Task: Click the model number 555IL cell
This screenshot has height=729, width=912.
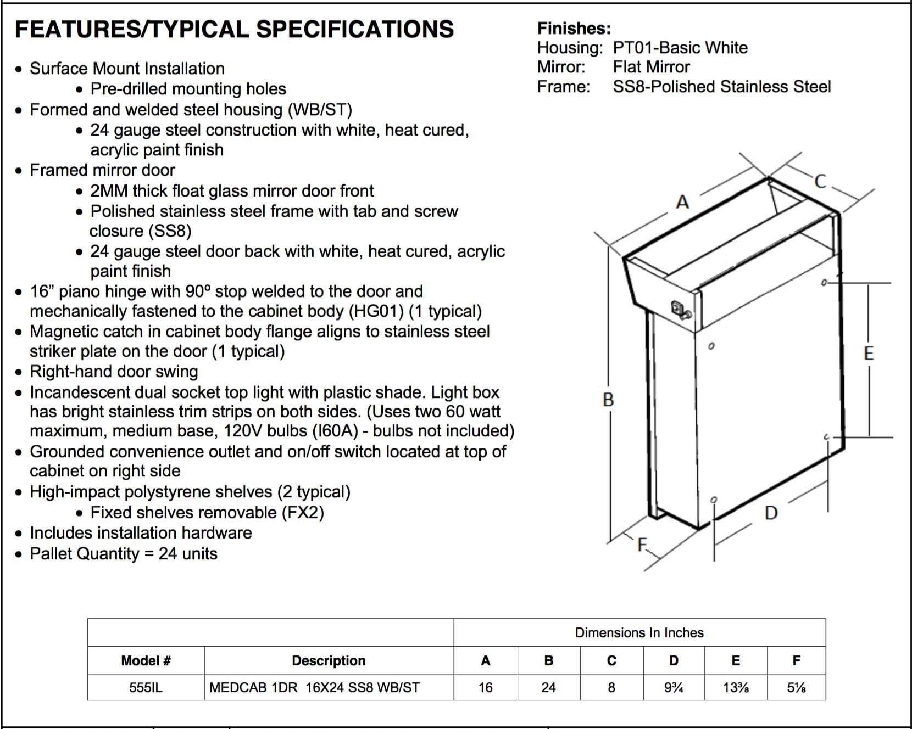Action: click(146, 687)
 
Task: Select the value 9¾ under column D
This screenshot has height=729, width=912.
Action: click(674, 687)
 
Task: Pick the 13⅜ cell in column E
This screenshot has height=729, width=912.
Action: click(735, 687)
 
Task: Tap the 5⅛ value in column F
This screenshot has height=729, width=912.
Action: click(796, 687)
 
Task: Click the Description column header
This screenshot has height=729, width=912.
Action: click(329, 660)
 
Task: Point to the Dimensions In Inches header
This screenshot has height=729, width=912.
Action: click(639, 632)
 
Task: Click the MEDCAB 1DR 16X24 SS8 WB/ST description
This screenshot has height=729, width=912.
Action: click(315, 687)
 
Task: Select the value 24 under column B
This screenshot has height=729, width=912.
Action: click(548, 687)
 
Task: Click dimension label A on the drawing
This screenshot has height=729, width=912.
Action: click(682, 203)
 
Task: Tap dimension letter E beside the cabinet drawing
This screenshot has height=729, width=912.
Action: click(869, 353)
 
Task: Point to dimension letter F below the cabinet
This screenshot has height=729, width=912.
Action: click(642, 545)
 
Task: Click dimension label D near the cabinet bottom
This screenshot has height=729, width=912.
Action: click(771, 513)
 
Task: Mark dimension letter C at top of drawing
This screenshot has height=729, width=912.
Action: click(820, 182)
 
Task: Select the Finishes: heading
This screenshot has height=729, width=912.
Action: click(574, 28)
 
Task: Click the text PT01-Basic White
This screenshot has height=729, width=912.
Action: click(680, 48)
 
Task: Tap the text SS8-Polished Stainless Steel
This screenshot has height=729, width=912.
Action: click(721, 87)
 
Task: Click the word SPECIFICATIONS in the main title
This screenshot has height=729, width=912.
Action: click(355, 29)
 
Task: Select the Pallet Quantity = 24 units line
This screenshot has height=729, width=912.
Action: click(124, 553)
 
